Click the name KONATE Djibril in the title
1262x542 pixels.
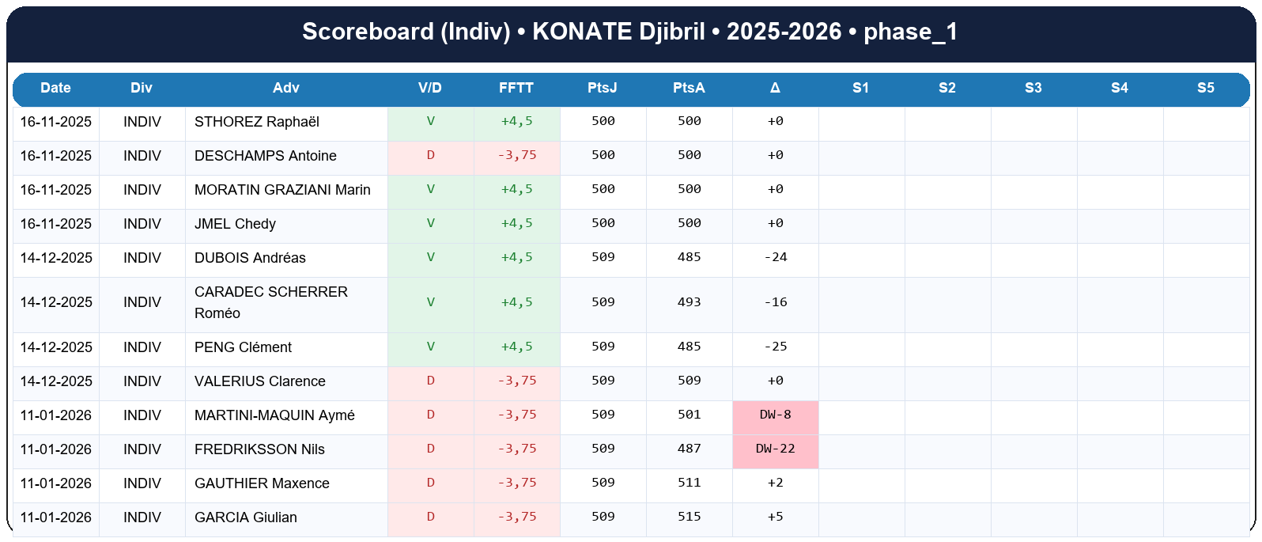point(618,32)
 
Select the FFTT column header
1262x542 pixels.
point(516,88)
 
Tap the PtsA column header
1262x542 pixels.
point(689,88)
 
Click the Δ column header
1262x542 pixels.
point(775,88)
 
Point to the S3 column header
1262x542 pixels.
point(1033,88)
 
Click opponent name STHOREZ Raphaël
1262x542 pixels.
point(257,122)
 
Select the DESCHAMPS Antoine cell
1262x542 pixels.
point(266,156)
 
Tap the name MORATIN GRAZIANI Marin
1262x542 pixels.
point(282,190)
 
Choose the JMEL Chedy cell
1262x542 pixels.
point(235,224)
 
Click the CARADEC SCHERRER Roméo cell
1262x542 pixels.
point(271,302)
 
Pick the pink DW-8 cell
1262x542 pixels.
point(775,415)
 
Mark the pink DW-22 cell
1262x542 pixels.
point(775,449)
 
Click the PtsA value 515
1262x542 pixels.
point(689,517)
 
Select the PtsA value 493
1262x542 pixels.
point(689,302)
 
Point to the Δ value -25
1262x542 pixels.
point(775,347)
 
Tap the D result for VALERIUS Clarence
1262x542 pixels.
point(430,381)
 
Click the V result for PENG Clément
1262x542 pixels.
point(430,347)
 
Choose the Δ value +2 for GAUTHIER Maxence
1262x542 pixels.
point(775,483)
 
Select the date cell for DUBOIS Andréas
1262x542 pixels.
point(56,258)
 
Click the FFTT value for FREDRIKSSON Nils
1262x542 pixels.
point(516,449)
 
